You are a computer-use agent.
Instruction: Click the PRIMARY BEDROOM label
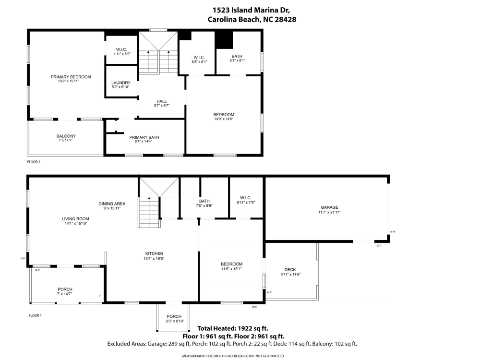[71, 77]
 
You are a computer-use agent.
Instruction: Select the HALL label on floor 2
[161, 101]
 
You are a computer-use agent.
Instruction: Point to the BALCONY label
[66, 136]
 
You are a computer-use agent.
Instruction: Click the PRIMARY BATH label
[144, 137]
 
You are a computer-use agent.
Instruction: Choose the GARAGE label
[329, 207]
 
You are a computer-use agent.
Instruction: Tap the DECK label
[290, 269]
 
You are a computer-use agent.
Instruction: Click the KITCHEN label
[155, 253]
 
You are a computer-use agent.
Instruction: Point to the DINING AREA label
[112, 204]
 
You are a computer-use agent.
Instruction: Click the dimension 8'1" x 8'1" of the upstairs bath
[238, 61]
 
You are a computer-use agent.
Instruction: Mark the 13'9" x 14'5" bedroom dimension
[224, 119]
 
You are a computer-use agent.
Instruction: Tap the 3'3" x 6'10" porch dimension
[174, 321]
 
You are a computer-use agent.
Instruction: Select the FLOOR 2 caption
[34, 162]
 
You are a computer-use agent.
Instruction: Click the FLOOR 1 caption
[35, 315]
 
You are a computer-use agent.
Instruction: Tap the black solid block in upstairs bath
[223, 40]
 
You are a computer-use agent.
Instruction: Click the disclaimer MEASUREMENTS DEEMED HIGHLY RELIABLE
[232, 356]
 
